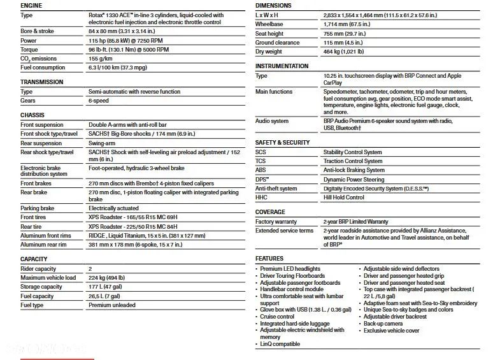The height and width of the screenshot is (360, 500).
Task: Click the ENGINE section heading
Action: point(32,5)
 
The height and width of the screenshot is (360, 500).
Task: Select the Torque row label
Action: point(29,50)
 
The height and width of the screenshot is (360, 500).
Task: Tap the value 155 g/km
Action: point(103,59)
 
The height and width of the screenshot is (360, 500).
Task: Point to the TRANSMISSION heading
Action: point(42,82)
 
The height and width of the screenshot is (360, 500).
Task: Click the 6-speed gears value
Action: point(99,101)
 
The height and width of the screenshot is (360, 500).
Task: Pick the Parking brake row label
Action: point(38,208)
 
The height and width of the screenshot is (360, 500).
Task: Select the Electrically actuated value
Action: point(113,208)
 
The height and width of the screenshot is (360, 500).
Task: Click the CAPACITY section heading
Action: point(34,259)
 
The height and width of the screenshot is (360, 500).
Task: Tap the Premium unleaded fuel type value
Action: point(112,305)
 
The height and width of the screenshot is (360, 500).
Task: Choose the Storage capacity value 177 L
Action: point(106,287)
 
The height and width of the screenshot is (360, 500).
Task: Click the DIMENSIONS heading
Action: point(273,5)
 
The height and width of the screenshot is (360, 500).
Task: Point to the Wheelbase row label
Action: point(269,24)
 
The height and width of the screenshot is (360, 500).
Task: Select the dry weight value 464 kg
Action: point(344,52)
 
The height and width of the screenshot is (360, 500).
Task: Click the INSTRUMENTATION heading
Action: point(282,66)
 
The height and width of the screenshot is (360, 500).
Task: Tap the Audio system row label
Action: point(272,121)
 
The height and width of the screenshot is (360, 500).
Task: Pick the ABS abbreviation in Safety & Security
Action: point(261,170)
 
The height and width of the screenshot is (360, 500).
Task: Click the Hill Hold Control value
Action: point(344,198)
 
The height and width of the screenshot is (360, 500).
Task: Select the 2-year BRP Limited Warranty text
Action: point(355,222)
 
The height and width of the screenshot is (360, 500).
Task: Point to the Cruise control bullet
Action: point(278,317)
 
